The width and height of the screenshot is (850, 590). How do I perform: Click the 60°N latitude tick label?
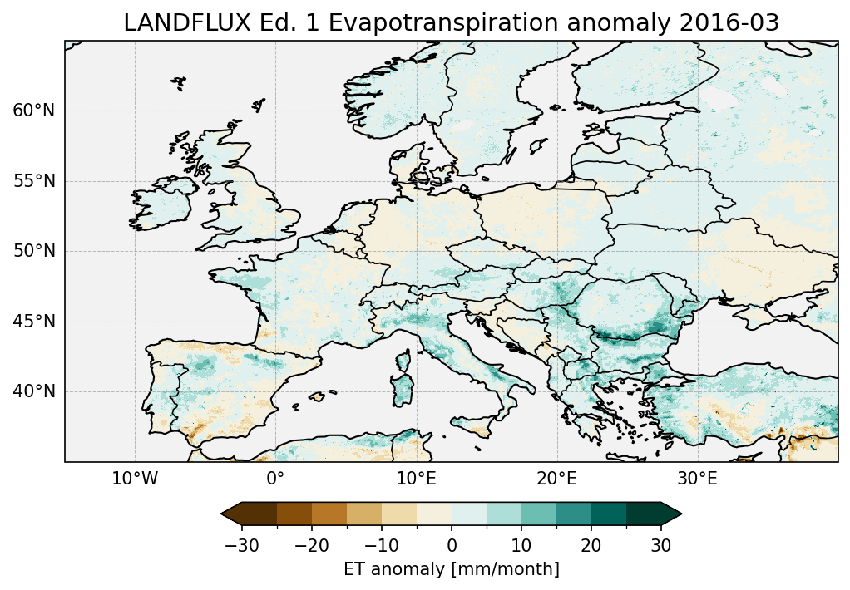(x=33, y=111)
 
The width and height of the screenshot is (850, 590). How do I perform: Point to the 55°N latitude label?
(x=33, y=181)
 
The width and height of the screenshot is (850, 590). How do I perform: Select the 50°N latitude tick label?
(x=33, y=251)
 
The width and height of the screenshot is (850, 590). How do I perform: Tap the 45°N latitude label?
(x=33, y=322)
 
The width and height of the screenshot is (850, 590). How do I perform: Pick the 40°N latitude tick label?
(x=33, y=391)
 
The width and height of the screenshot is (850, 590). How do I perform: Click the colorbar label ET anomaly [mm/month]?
(x=451, y=569)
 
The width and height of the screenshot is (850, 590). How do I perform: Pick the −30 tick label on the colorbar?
(x=241, y=545)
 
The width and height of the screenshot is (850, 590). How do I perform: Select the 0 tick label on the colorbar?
(x=452, y=545)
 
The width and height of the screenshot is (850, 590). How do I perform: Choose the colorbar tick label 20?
(x=591, y=545)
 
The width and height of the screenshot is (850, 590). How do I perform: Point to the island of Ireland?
(x=163, y=208)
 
